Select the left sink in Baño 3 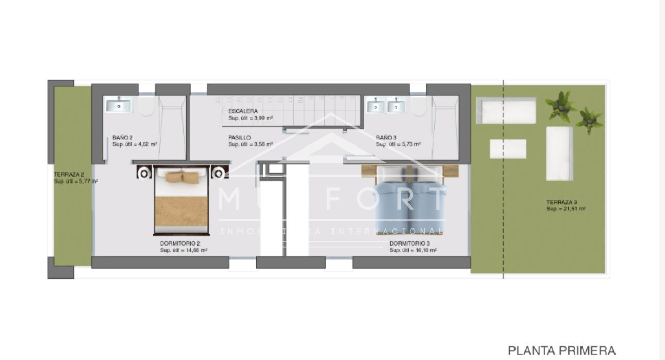tap(376, 106)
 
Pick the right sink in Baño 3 tap(396, 106)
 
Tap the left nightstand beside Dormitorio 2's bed tap(144, 172)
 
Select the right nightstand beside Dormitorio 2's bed tap(220, 172)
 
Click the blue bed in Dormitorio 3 tap(410, 199)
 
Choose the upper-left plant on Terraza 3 tap(561, 105)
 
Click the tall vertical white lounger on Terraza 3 tap(559, 153)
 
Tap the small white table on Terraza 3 tap(508, 149)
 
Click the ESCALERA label tap(243, 111)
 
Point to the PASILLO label tap(240, 138)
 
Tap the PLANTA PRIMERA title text tap(561, 350)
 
